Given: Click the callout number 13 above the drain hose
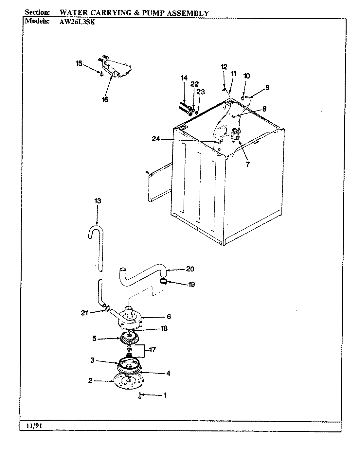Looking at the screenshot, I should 97,201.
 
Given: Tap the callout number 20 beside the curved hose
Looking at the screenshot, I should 190,269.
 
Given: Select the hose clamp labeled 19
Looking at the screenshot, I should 164,281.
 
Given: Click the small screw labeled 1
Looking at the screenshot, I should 140,396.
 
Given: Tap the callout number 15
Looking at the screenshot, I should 79,63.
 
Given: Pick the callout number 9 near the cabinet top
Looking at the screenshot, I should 267,87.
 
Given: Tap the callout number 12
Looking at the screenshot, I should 224,67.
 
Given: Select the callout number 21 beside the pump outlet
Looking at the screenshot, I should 85,313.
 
